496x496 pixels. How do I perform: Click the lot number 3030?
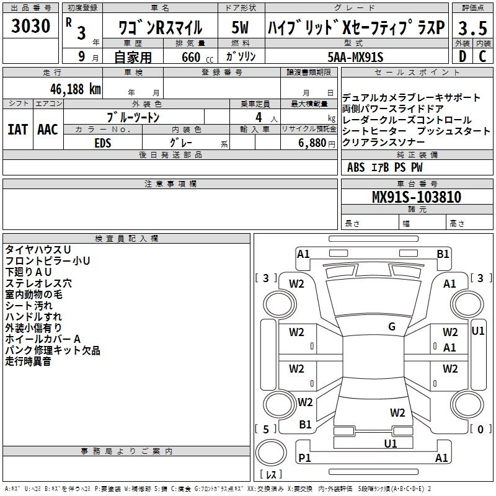(31, 27)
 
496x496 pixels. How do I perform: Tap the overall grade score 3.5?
(472, 28)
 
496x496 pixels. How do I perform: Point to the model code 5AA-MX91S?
(355, 57)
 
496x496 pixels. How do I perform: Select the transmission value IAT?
(17, 130)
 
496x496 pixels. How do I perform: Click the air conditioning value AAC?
(47, 130)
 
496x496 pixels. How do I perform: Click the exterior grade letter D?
(461, 56)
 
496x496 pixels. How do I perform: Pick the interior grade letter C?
(482, 56)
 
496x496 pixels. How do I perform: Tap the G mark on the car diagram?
(392, 327)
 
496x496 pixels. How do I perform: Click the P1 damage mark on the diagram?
(304, 458)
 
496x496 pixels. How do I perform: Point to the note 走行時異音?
(29, 361)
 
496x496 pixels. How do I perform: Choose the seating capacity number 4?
(257, 117)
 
